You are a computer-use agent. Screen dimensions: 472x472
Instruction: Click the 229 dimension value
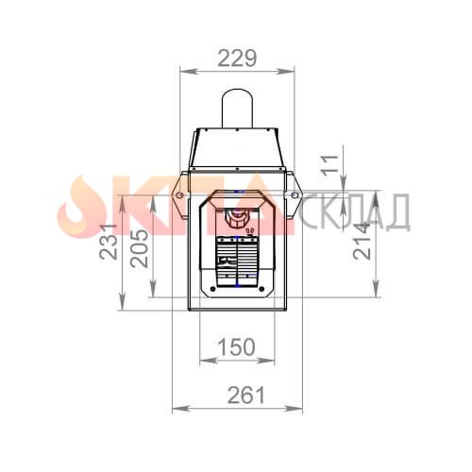[237, 59]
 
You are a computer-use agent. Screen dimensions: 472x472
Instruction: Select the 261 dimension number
[246, 396]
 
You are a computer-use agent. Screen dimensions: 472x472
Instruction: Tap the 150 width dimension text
[236, 347]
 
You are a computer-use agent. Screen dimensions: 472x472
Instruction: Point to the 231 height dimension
[109, 242]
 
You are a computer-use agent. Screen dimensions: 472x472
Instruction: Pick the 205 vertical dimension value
[139, 248]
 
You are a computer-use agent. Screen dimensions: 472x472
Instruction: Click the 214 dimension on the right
[362, 241]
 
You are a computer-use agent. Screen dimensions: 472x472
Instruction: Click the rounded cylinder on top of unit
[237, 109]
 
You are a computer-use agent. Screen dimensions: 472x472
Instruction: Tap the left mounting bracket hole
[179, 195]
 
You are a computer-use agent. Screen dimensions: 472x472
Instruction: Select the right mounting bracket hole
[295, 195]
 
